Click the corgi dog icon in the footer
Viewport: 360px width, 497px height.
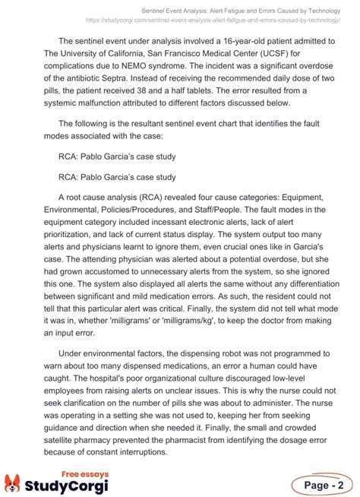[x=12, y=483]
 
